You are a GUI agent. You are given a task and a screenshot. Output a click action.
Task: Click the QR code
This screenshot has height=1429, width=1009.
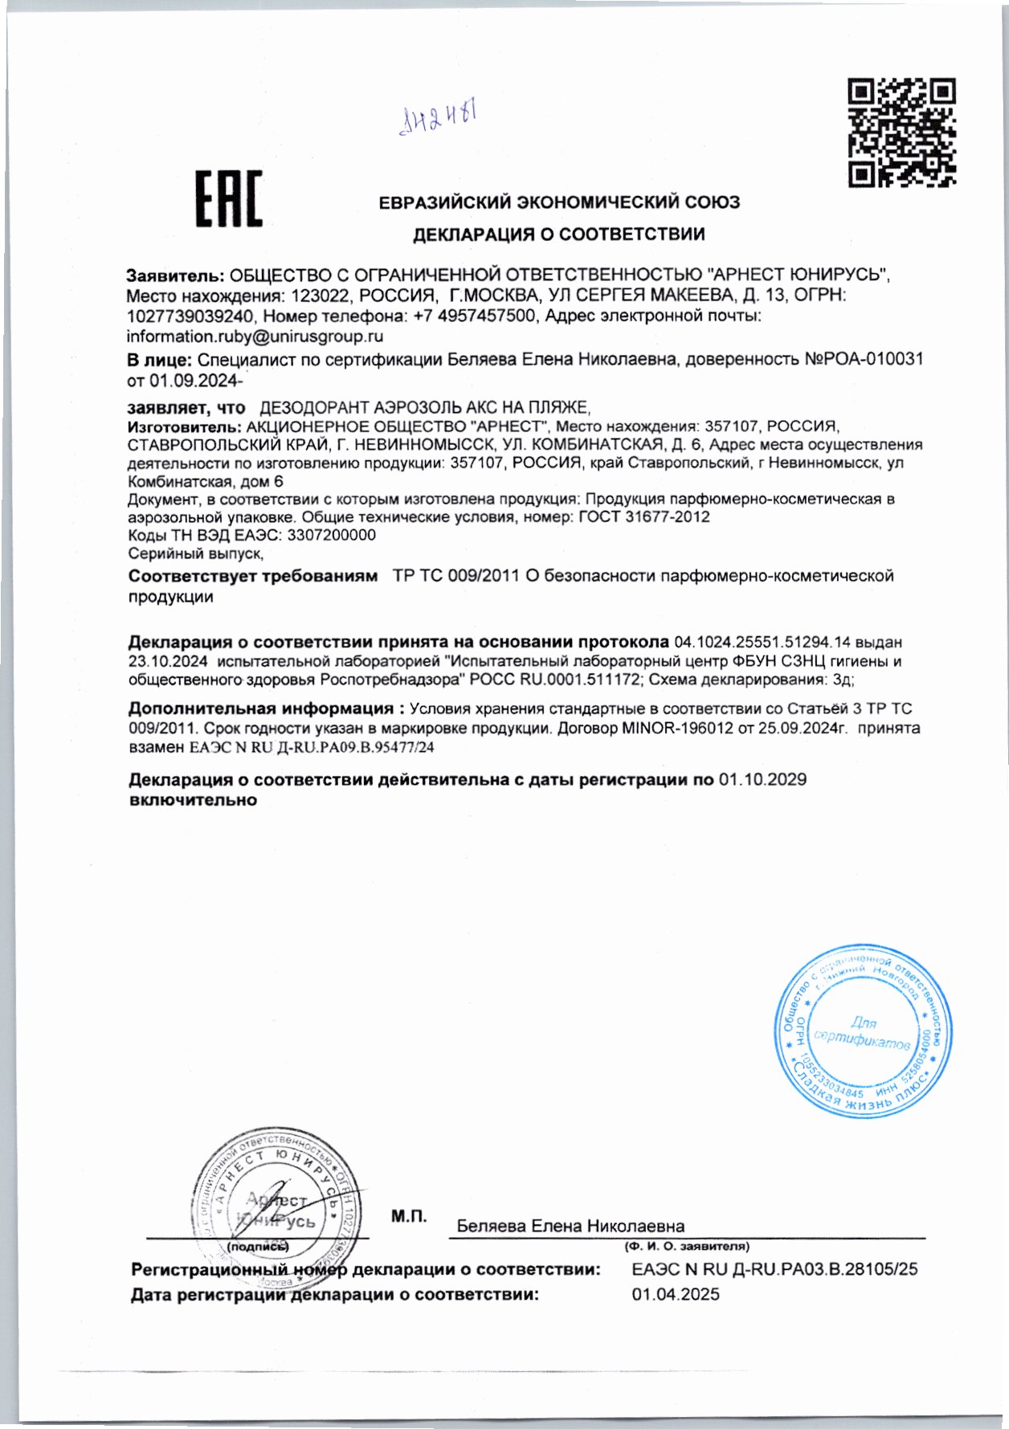pos(902,133)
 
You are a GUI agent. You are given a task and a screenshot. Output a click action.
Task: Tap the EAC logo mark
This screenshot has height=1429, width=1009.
pos(229,198)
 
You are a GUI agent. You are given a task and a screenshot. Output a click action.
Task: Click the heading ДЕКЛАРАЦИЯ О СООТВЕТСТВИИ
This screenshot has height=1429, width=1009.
pos(558,235)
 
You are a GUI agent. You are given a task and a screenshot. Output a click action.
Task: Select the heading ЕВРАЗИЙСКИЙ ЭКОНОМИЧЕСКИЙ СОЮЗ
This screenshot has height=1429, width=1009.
pos(559,202)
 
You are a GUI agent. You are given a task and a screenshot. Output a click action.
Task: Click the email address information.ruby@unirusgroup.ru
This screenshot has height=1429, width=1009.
pos(255,337)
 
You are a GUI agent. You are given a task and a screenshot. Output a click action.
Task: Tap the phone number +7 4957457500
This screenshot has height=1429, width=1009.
pos(474,316)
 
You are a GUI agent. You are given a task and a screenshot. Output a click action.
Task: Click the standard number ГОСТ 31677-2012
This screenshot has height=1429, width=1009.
pos(644,516)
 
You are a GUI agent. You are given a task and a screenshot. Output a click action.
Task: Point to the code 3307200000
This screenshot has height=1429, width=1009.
pos(331,535)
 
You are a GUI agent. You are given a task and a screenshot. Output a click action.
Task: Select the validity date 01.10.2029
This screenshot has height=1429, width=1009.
pos(762,779)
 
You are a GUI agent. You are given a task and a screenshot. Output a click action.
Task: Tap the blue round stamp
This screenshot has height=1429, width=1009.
pos(863,1034)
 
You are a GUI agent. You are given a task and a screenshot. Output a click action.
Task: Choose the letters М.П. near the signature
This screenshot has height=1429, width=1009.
pos(409,1217)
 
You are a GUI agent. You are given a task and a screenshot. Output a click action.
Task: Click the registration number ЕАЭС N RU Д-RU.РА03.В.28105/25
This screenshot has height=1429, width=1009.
pos(774,1270)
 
